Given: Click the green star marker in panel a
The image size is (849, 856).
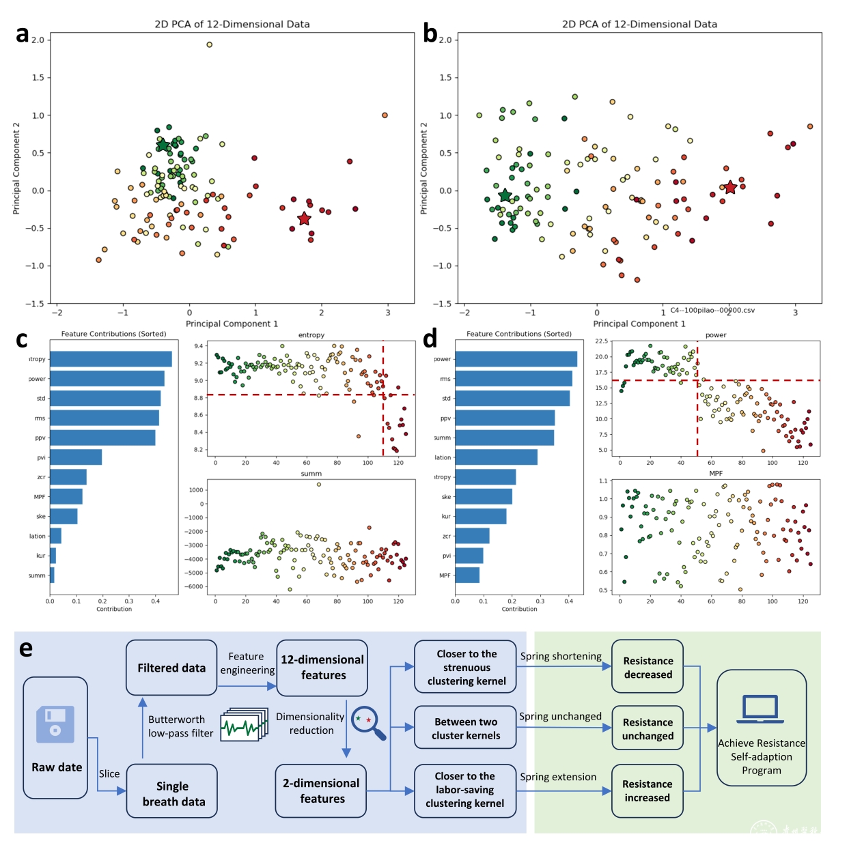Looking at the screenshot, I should point(163,145).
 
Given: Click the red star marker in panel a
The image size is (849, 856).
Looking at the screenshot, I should point(304,218).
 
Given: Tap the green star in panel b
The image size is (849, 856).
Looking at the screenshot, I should point(505,196).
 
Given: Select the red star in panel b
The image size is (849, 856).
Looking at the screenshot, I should point(730,187).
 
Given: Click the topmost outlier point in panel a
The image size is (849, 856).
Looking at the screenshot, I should point(209,45).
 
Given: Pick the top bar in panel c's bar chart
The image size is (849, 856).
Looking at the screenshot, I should point(111,359).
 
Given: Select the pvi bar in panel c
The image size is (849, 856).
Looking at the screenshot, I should point(76,457).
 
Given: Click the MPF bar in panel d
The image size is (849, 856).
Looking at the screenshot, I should point(467,575).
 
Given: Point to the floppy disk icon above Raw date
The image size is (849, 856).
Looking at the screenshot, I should point(55,724).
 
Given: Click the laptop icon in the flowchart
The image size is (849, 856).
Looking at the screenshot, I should point(760,710).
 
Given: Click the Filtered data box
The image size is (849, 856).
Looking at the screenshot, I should point(171,668).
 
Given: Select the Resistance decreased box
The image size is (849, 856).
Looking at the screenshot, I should point(648,667).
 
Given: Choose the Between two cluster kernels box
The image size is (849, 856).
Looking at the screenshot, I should point(466,728).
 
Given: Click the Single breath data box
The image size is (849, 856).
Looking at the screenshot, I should point(172,793).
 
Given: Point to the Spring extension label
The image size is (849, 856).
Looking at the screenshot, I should point(558,777).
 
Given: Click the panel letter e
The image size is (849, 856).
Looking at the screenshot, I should point(26,648).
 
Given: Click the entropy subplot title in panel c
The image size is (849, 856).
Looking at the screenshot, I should point(311,335).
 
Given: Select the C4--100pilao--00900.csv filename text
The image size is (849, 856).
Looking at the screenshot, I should point(712,311).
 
